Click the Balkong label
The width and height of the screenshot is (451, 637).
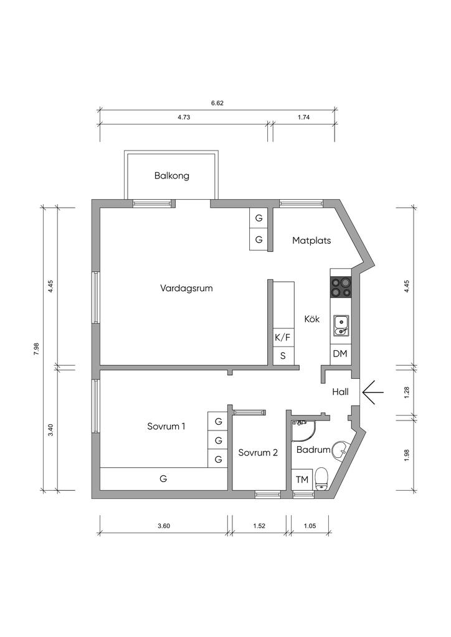(171, 176)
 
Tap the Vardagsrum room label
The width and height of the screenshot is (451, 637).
(186, 289)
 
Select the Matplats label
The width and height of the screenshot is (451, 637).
(311, 241)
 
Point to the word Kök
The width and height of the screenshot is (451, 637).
(312, 319)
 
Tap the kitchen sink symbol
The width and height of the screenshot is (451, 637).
(341, 326)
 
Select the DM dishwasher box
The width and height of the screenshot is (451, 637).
(340, 354)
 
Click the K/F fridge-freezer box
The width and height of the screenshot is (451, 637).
(283, 337)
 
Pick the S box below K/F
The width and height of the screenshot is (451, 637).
(283, 356)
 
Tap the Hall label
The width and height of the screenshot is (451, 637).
(340, 392)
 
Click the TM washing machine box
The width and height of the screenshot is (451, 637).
(302, 480)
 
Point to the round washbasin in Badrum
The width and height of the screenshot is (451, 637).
(340, 450)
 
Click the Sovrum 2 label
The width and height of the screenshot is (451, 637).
(258, 453)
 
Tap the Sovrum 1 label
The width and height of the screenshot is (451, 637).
(166, 427)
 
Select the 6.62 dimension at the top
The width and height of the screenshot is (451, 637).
(217, 103)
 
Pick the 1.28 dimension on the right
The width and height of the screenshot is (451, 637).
(407, 392)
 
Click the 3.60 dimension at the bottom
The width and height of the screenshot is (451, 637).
(163, 526)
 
